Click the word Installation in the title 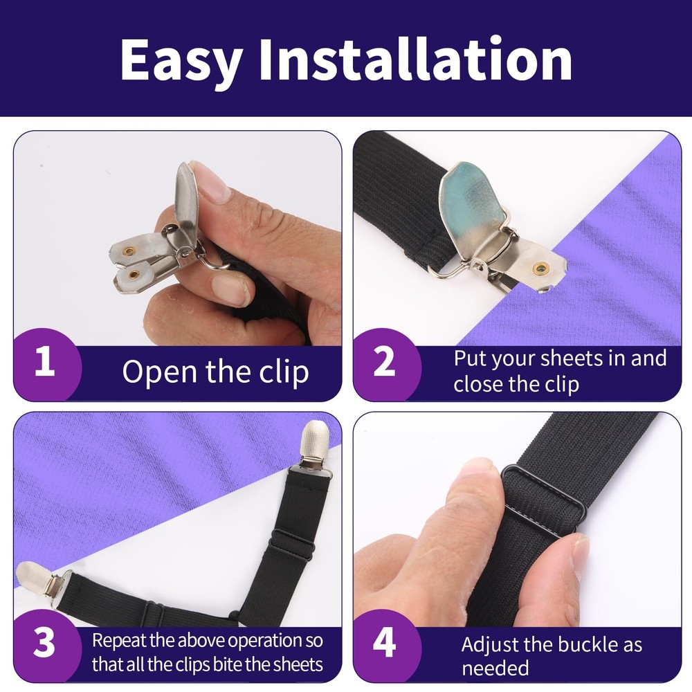415,59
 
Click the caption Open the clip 215,372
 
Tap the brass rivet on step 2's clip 540,267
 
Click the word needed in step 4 495,668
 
